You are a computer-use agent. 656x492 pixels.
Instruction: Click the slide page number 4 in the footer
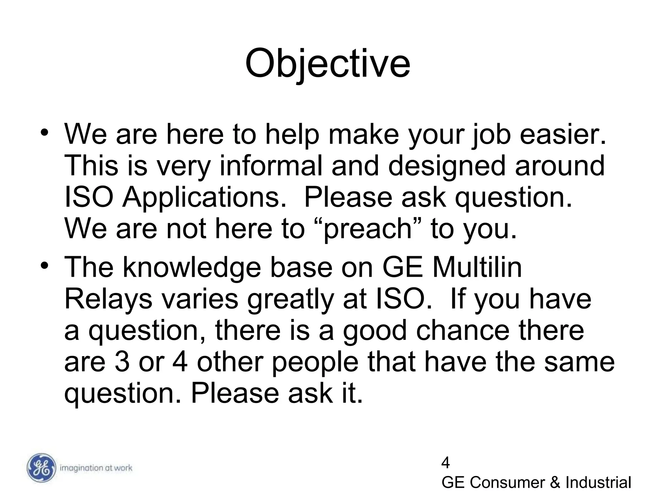445,463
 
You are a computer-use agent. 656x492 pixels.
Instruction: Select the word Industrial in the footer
598,482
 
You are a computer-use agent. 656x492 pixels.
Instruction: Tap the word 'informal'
271,166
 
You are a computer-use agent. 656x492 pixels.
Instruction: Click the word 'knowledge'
192,268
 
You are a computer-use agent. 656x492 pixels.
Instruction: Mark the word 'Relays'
108,299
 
